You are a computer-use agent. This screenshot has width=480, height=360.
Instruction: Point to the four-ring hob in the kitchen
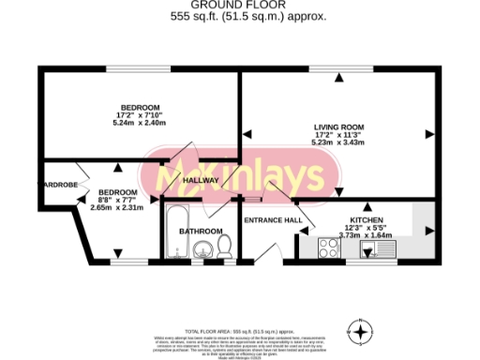(331, 248)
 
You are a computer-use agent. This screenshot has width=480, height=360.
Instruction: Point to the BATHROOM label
(201, 231)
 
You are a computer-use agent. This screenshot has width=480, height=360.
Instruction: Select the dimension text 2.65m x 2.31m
(118, 207)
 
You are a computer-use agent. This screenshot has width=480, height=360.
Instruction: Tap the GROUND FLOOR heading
(239, 6)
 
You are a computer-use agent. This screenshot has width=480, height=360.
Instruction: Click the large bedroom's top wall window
(130, 69)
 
